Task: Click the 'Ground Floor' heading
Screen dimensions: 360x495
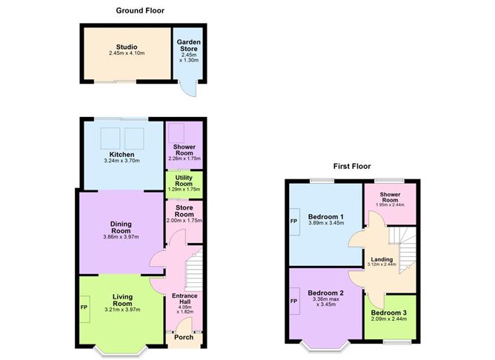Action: pos(140,10)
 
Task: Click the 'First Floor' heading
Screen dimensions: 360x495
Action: pos(352,167)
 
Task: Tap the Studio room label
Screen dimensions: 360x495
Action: pos(127,46)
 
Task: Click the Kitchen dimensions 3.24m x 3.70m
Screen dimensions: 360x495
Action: pos(121,161)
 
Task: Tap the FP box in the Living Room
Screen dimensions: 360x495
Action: pos(83,304)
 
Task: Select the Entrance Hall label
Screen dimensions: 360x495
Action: pos(185,301)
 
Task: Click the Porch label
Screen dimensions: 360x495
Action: pos(183,337)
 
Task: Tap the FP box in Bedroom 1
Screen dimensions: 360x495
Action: pos(294,221)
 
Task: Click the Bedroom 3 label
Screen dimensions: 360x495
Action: pos(389,314)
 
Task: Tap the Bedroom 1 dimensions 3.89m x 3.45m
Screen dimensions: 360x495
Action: pos(327,222)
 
